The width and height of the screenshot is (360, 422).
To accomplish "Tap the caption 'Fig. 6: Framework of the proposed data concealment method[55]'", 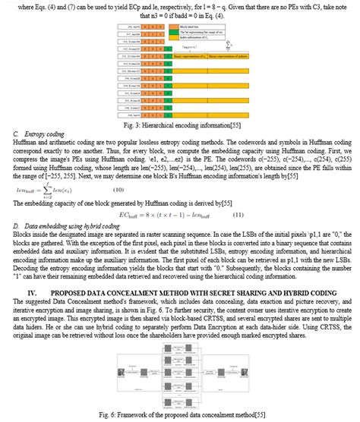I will [179, 414].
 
